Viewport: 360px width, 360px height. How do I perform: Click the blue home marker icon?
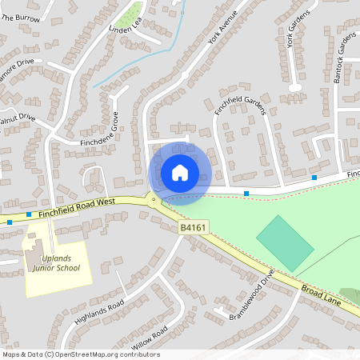coord(180,172)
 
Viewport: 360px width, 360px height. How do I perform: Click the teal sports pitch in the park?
coord(285,242)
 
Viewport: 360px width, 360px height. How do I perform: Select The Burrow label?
coord(20,17)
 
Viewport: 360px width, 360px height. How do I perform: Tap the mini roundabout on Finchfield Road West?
coord(153,198)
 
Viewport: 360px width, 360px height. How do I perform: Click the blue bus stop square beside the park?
coord(246,194)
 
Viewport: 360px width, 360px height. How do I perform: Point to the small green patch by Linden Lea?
coord(130,11)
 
